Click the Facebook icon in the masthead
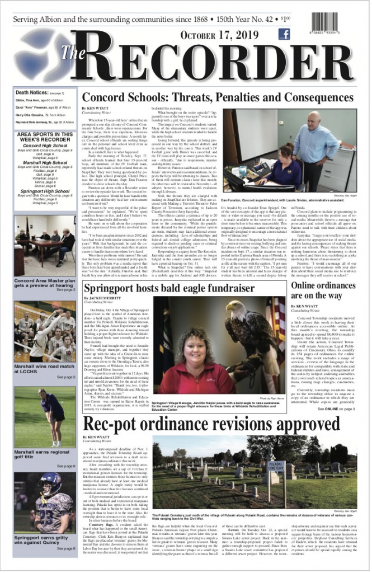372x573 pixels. [x=284, y=34]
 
